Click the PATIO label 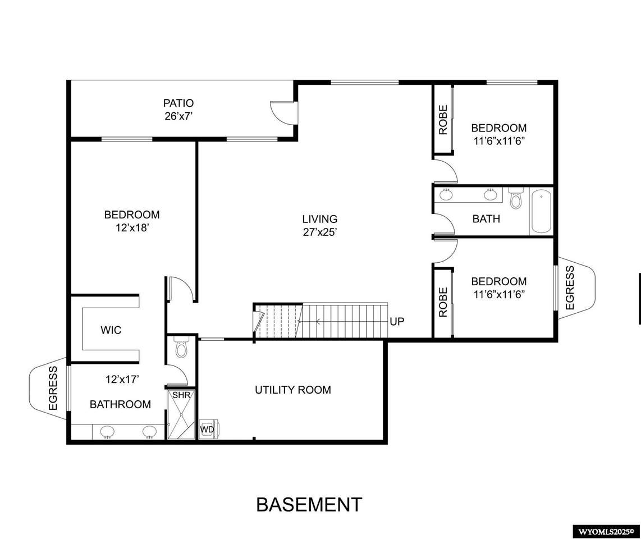(x=178, y=103)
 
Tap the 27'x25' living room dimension (x=320, y=232)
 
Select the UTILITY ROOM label (x=292, y=390)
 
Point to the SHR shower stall (x=181, y=415)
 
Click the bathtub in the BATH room (x=541, y=211)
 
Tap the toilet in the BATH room (x=516, y=198)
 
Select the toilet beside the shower (x=181, y=347)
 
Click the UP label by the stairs (x=396, y=322)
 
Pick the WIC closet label (x=111, y=330)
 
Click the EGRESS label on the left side (x=53, y=388)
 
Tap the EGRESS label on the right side (x=570, y=288)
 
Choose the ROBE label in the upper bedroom (x=443, y=120)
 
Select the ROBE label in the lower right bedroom (x=443, y=302)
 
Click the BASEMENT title (x=309, y=505)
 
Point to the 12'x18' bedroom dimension (x=132, y=228)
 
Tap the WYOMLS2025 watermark (x=606, y=532)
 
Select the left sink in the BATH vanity (x=446, y=194)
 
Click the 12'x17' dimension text (x=122, y=380)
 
